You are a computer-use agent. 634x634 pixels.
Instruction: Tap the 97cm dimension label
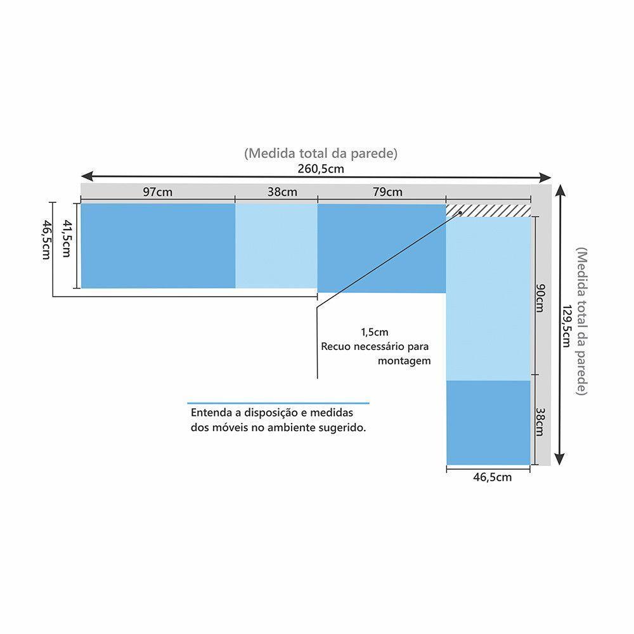157,192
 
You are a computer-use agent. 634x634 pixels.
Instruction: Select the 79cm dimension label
387,192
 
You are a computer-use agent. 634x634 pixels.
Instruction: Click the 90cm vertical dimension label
540,298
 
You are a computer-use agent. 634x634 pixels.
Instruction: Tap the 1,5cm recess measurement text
374,332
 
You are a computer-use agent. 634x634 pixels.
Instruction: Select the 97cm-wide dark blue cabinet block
158,245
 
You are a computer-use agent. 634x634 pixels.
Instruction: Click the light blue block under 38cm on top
276,245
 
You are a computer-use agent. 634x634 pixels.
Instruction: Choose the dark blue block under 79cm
381,248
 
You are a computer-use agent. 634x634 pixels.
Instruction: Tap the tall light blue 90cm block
488,298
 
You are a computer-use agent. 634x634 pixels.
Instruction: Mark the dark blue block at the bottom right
488,422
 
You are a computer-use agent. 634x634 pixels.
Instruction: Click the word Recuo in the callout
336,347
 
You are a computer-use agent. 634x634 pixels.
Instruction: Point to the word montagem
404,361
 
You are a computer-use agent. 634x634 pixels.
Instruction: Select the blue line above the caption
278,403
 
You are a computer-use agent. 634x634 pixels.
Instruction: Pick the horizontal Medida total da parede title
321,153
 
